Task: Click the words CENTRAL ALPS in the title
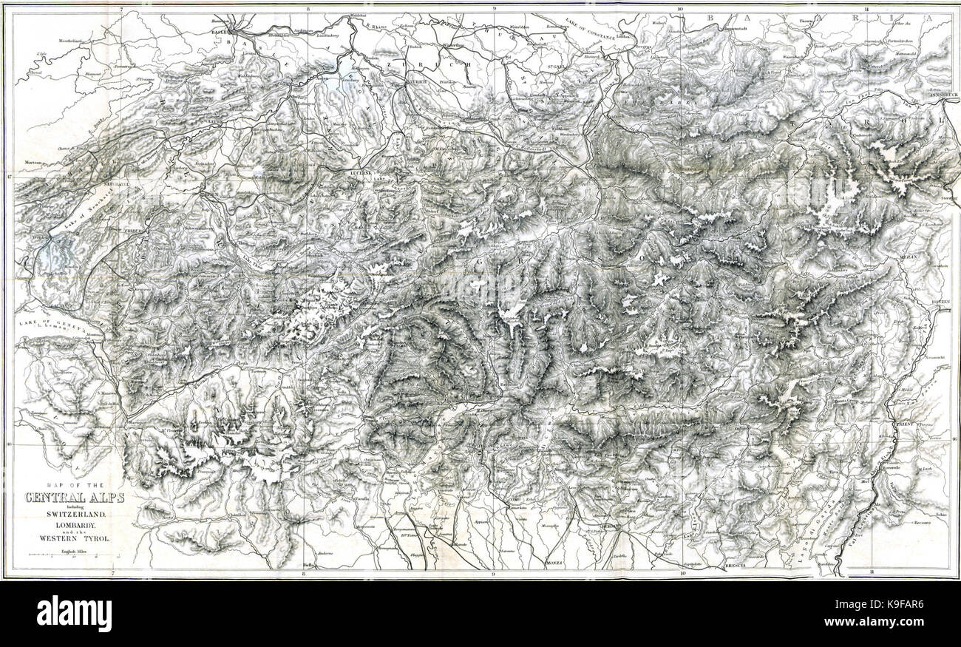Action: (74, 497)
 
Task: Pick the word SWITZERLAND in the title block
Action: (74, 514)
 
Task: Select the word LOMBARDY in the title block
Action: (74, 528)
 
